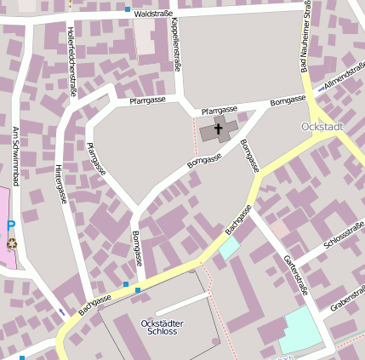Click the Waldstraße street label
154,14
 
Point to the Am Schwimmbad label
15,157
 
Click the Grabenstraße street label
348,302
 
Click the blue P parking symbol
11,226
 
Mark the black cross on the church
218,130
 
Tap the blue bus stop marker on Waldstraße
128,9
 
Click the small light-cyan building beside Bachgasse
230,248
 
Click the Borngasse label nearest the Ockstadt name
288,101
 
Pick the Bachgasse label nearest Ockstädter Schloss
95,300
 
